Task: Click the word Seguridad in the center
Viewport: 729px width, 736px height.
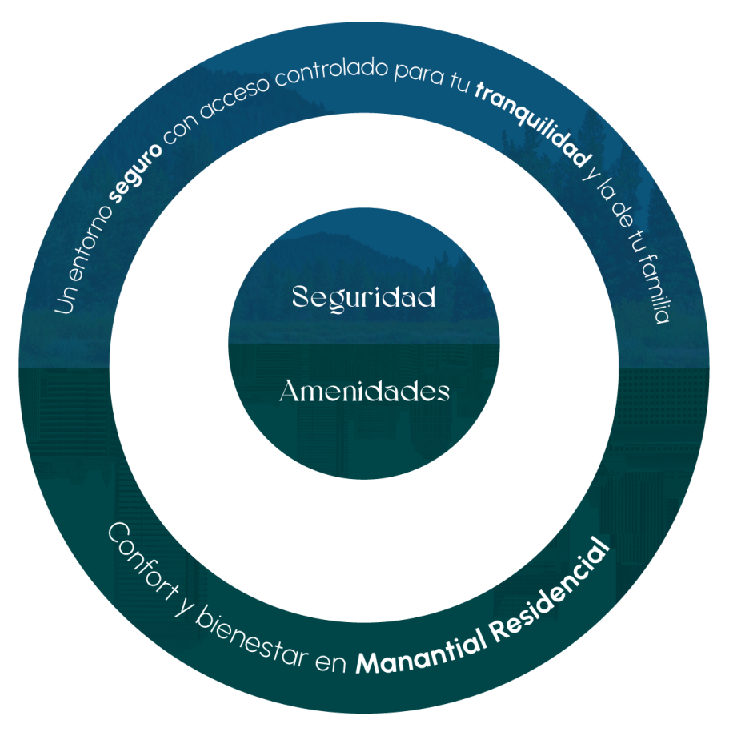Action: (364, 297)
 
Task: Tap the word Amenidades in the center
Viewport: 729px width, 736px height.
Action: (364, 392)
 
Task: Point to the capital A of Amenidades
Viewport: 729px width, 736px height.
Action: (290, 392)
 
